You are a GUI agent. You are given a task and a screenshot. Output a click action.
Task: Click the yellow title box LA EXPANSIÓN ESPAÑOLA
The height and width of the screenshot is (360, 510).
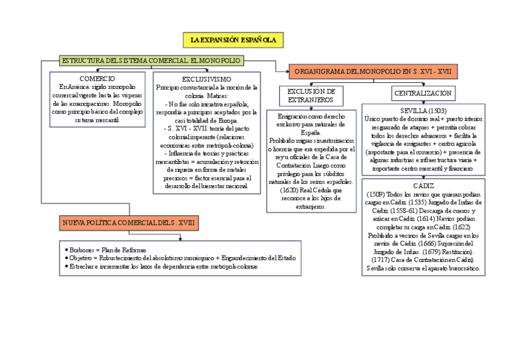(233, 40)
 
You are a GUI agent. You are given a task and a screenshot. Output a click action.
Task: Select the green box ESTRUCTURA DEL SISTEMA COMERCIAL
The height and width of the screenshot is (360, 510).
(152, 60)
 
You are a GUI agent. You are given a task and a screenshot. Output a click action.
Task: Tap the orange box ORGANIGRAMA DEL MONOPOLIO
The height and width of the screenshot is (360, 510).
(373, 72)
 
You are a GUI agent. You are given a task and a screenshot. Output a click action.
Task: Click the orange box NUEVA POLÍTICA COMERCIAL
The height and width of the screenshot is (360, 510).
(129, 224)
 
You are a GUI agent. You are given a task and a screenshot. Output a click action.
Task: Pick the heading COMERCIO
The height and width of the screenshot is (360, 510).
(97, 79)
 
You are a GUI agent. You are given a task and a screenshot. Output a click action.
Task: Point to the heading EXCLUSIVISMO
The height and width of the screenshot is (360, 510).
(206, 79)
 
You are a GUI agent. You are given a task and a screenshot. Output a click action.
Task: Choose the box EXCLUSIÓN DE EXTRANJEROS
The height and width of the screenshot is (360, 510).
(311, 96)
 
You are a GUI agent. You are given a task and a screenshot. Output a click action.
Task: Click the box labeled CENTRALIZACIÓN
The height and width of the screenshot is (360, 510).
(423, 93)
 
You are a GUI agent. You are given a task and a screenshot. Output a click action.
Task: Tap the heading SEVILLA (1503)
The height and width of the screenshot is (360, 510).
(423, 111)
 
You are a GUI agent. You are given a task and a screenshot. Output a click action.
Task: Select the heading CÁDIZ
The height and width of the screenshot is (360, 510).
(423, 186)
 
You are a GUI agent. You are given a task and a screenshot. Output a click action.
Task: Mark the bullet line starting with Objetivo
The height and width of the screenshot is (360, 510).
(180, 258)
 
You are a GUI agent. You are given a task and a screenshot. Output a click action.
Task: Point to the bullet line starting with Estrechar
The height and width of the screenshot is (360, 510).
(162, 266)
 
